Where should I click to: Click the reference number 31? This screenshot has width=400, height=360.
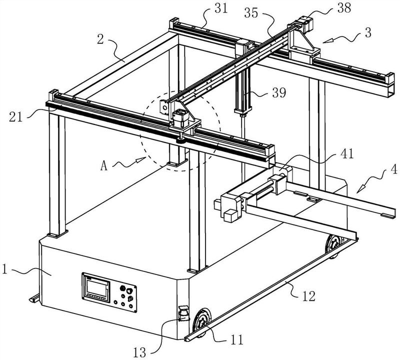(x=221, y=8)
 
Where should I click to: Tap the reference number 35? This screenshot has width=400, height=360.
(x=251, y=13)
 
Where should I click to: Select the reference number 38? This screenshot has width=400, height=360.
(x=344, y=8)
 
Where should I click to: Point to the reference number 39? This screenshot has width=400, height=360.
(x=279, y=92)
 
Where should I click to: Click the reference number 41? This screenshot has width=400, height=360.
(x=347, y=154)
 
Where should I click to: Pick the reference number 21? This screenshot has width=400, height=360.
(x=16, y=117)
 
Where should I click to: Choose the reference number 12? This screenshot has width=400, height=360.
(x=308, y=296)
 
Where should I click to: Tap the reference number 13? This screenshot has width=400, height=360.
(x=139, y=352)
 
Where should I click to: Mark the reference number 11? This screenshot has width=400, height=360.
(x=236, y=340)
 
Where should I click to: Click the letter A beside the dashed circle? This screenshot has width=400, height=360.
(x=104, y=166)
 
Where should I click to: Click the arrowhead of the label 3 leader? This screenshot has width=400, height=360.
(x=327, y=41)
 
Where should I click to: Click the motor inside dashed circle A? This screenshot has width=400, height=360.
(x=181, y=118)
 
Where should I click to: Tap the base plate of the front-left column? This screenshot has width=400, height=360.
(x=57, y=233)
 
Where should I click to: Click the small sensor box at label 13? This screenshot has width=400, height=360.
(x=183, y=313)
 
